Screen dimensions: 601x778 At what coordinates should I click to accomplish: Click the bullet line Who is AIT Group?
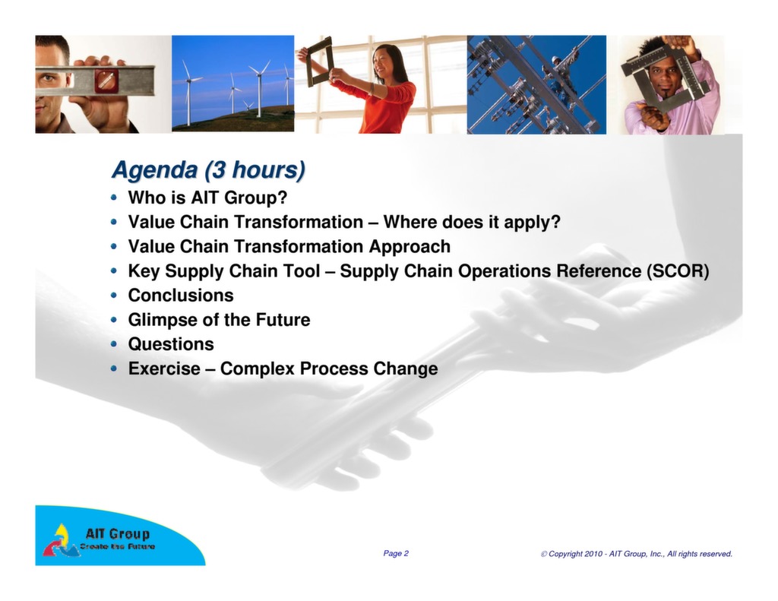click(207, 198)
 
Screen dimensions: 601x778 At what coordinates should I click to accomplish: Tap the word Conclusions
click(181, 296)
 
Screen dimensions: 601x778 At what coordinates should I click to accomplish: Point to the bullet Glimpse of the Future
click(219, 320)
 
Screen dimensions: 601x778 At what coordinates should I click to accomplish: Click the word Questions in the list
click(171, 344)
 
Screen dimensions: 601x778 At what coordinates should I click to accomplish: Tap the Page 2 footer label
click(396, 554)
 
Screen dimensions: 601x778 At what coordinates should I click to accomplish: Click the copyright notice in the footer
click(637, 555)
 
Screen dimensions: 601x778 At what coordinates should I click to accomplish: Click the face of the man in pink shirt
click(663, 76)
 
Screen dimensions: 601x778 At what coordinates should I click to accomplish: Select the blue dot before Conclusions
click(114, 296)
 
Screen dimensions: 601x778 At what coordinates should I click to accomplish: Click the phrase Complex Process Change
click(329, 369)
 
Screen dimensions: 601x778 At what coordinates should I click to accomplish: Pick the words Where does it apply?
click(472, 223)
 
